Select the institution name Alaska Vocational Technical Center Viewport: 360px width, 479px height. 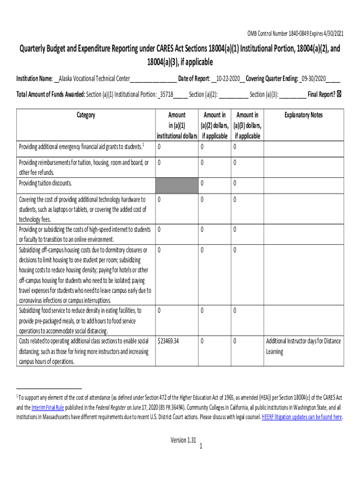tap(95, 78)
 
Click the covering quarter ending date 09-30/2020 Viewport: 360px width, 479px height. tap(314, 78)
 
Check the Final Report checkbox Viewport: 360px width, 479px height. tap(339, 94)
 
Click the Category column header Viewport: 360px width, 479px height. tap(86, 115)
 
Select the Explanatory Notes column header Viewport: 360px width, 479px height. tap(303, 115)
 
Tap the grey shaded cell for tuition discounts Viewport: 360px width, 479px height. tap(176, 183)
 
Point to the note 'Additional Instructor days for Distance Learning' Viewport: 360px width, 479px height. tap(303, 346)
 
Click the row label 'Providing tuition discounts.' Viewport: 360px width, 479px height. tap(45, 183)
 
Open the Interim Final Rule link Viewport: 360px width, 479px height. tap(47, 407)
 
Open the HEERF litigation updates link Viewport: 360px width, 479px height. tap(302, 417)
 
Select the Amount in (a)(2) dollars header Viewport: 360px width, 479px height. tap(215, 125)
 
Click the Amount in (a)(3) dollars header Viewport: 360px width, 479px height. tap(248, 125)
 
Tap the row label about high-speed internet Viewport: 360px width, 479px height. tap(84, 234)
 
